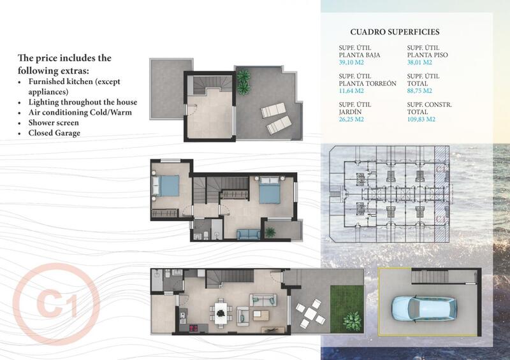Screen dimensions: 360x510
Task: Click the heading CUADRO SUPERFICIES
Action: point(395,32)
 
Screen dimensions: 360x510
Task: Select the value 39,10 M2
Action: point(352,62)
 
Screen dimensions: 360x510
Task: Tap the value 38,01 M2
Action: point(420,62)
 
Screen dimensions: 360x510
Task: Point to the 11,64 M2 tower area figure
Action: point(352,90)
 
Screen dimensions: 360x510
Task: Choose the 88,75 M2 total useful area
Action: point(420,90)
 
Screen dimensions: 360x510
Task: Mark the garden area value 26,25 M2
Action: point(352,119)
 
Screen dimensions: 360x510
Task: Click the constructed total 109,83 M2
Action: point(421,119)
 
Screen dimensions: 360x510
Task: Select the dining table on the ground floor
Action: point(222,312)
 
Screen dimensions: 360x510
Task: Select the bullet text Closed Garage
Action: point(54,133)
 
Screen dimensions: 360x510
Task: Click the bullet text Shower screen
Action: point(54,123)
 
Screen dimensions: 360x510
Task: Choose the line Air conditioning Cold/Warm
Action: point(76,113)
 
